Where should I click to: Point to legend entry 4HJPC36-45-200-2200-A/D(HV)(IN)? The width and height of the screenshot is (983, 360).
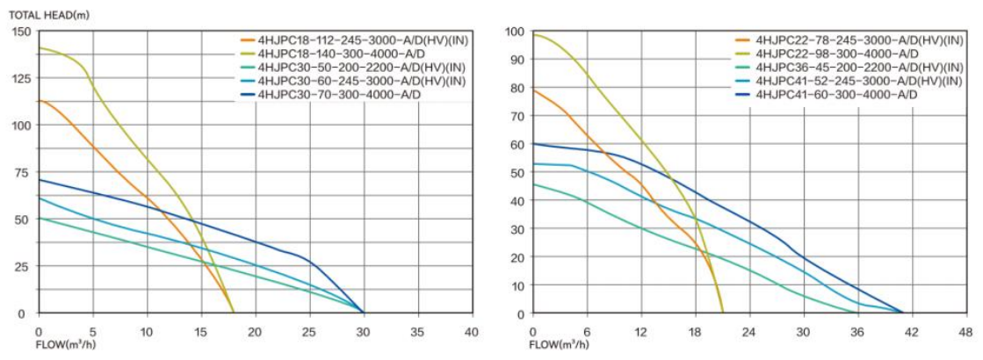click(x=843, y=68)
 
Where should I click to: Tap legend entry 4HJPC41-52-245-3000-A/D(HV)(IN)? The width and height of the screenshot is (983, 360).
click(x=843, y=81)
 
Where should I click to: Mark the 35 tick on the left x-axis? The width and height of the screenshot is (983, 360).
click(x=417, y=331)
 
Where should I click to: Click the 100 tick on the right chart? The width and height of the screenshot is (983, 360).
click(x=516, y=32)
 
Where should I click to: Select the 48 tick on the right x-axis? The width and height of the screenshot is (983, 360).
click(x=965, y=331)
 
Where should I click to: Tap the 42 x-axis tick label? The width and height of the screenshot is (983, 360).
click(x=911, y=331)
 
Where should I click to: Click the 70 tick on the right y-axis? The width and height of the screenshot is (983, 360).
click(x=518, y=116)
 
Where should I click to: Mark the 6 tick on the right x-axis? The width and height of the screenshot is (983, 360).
click(x=587, y=331)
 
